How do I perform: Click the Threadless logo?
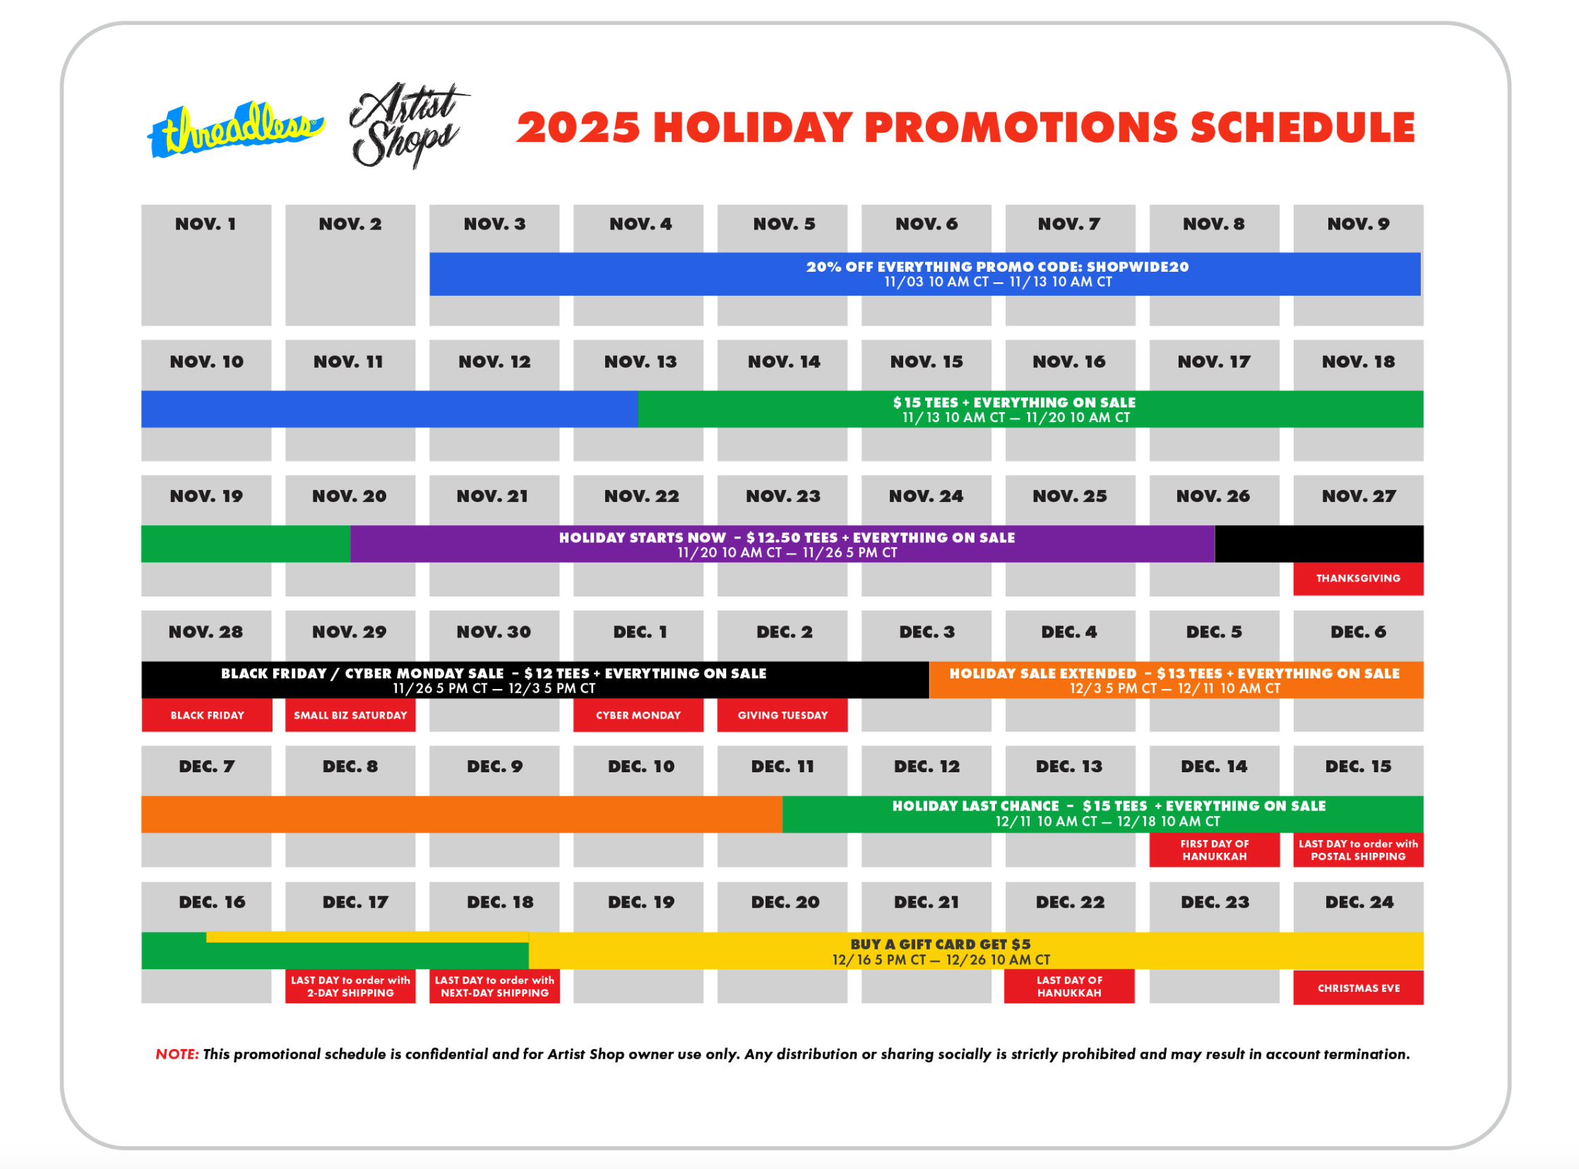[x=236, y=130]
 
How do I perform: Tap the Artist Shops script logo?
[x=408, y=125]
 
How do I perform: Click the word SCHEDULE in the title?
[x=1303, y=128]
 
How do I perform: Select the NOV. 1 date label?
[x=205, y=224]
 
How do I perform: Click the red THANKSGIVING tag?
[x=1358, y=579]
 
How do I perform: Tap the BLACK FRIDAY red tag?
[x=207, y=715]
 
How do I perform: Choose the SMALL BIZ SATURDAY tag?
[x=350, y=715]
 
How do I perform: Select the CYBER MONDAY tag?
[x=638, y=715]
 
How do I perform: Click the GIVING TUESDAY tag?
[x=782, y=715]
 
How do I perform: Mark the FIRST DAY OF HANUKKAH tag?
[x=1215, y=850]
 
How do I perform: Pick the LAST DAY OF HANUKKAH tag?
[x=1069, y=986]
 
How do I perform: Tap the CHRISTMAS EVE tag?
[x=1358, y=988]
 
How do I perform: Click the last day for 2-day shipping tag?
[x=350, y=986]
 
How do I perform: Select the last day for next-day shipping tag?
[x=495, y=986]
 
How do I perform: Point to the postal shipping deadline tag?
[x=1358, y=850]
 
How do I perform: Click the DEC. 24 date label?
[x=1359, y=902]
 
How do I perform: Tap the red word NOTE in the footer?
[x=177, y=1055]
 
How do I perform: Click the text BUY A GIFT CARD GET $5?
[x=941, y=945]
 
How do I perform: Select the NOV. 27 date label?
[x=1359, y=497]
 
